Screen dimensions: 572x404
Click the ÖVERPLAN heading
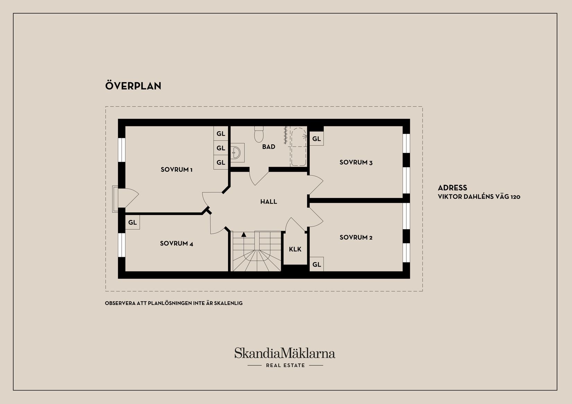click(x=133, y=86)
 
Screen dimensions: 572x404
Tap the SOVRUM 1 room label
click(x=176, y=170)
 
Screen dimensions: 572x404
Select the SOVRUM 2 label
click(x=356, y=237)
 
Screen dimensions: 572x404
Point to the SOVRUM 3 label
click(x=356, y=162)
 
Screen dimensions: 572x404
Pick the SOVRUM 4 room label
click(x=176, y=244)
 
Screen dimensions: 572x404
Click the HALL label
click(x=269, y=202)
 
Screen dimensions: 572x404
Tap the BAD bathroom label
click(x=269, y=147)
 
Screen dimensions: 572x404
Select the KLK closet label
click(x=295, y=249)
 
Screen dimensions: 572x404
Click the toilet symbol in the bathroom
click(x=259, y=134)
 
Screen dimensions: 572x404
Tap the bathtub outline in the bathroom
click(x=299, y=147)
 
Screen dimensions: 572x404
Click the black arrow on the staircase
click(x=244, y=234)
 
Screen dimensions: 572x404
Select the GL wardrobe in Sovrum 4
click(x=132, y=222)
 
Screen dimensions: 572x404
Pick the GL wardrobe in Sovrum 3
click(x=317, y=139)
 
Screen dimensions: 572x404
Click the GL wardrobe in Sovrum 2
click(x=317, y=264)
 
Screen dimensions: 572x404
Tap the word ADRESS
click(x=452, y=188)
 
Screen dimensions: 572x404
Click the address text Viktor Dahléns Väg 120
click(x=479, y=197)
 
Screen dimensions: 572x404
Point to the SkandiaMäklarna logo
click(x=285, y=353)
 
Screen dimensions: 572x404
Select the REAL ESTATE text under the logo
click(x=286, y=366)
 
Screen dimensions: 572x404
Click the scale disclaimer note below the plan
click(x=174, y=303)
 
